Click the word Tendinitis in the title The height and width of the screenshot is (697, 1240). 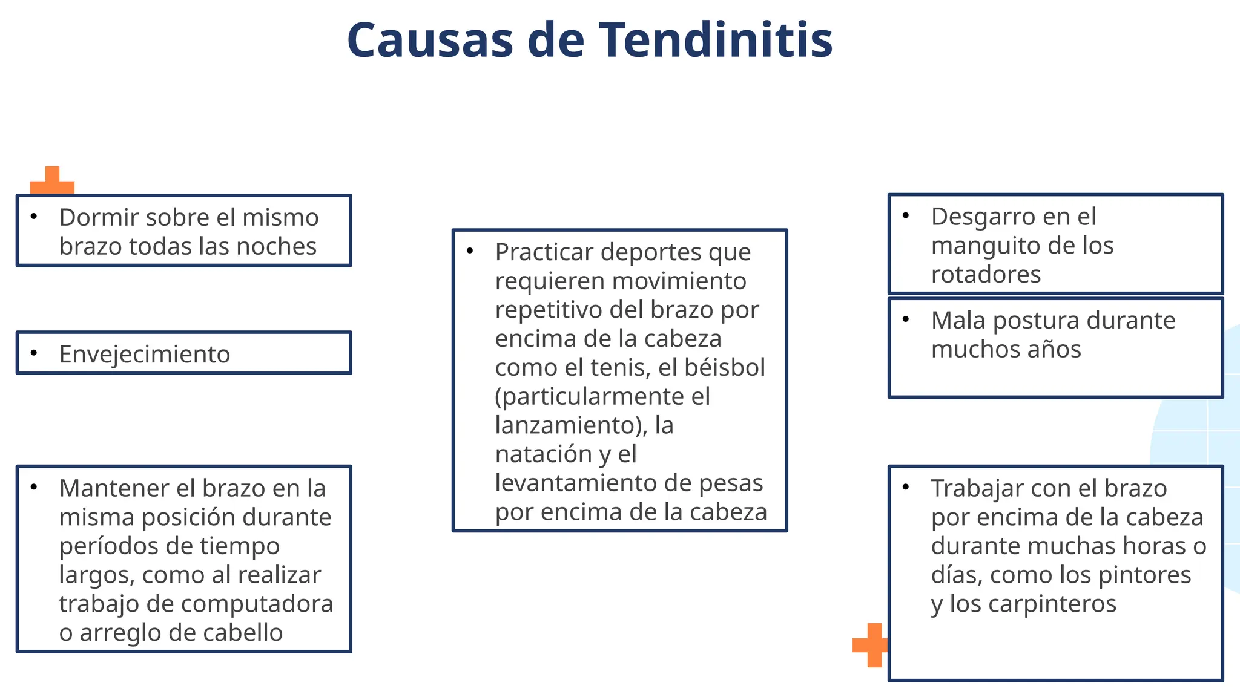[716, 40]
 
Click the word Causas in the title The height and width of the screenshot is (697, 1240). [430, 40]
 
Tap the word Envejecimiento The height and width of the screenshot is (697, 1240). [145, 355]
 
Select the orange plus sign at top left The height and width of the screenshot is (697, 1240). [52, 181]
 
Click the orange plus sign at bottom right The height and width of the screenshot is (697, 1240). [870, 645]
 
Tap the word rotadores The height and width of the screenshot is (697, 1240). [986, 275]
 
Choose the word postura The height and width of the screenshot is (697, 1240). [1036, 321]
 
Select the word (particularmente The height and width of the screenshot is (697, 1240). [581, 397]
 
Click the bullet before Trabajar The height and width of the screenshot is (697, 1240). [906, 486]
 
